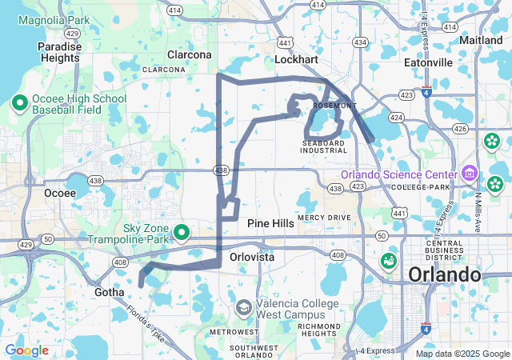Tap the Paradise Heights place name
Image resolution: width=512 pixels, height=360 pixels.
pyautogui.click(x=60, y=52)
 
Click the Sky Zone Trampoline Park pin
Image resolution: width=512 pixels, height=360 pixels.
pyautogui.click(x=182, y=232)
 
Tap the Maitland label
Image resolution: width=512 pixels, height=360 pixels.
pyautogui.click(x=481, y=39)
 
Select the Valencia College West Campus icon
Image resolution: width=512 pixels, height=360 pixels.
pyautogui.click(x=243, y=308)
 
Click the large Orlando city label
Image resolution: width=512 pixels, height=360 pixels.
pyautogui.click(x=444, y=274)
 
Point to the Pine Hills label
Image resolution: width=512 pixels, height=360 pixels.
pyautogui.click(x=270, y=224)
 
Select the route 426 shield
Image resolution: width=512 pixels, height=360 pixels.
pyautogui.click(x=459, y=128)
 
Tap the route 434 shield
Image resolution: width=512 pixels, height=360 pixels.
pyautogui.click(x=360, y=42)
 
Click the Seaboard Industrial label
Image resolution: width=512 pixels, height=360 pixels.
pyautogui.click(x=325, y=146)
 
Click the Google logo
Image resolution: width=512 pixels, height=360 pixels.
pyautogui.click(x=26, y=350)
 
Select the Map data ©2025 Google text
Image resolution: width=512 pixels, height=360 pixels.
pyautogui.click(x=462, y=354)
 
